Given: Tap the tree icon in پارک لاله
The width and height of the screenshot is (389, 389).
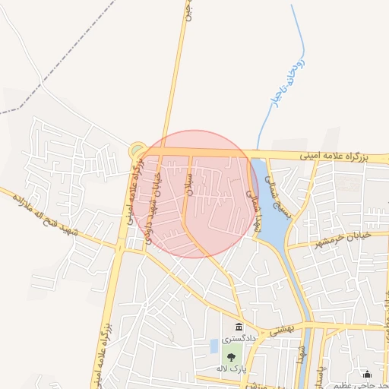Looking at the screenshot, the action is [230, 357].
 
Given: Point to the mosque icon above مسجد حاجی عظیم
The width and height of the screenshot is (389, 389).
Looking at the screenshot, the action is [368, 374].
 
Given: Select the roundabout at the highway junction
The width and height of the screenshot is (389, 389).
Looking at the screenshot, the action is [138, 150].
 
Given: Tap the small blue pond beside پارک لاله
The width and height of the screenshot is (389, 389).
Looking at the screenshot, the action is [214, 347].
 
